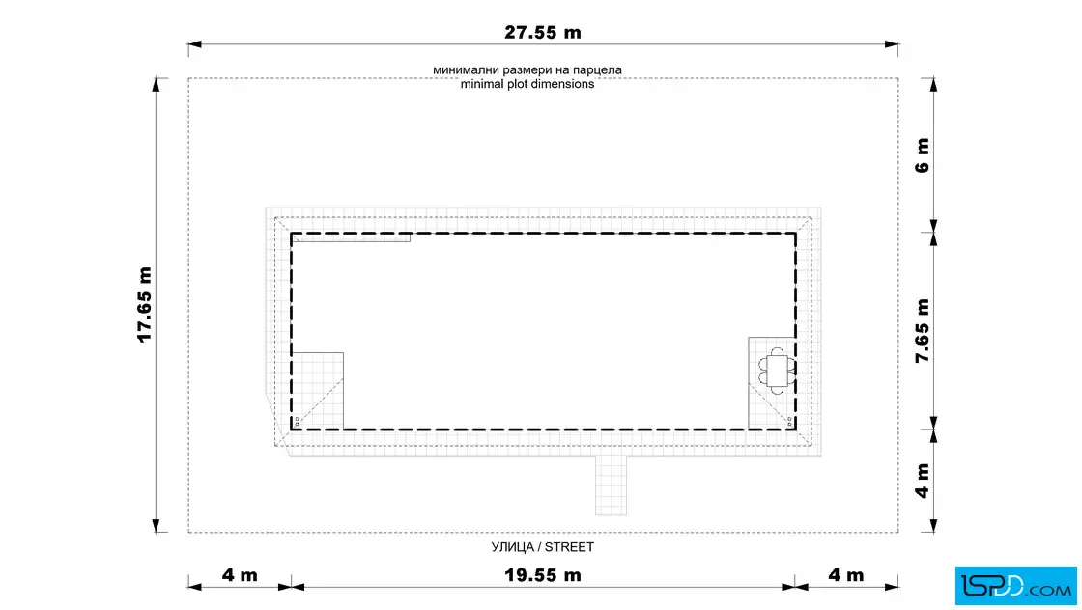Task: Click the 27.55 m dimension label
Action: point(542,33)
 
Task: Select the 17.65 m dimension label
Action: point(144,304)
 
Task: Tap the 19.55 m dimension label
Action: point(542,575)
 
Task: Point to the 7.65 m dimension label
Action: point(923,331)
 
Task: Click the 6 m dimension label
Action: point(923,155)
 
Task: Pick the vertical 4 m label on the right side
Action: point(923,481)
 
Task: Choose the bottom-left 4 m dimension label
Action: point(240,575)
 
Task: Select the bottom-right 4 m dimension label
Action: point(846,575)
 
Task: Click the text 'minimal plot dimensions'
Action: point(527,84)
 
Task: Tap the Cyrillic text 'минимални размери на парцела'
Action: point(527,69)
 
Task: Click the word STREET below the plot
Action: point(569,547)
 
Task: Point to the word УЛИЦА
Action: point(512,547)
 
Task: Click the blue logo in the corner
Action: point(1015,586)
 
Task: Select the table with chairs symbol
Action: point(777,371)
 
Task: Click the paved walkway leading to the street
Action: point(612,485)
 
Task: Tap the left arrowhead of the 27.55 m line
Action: point(194,44)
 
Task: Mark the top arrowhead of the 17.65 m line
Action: point(156,85)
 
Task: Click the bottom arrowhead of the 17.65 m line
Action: point(156,525)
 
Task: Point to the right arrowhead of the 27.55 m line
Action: point(892,44)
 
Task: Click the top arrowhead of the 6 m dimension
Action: point(933,85)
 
